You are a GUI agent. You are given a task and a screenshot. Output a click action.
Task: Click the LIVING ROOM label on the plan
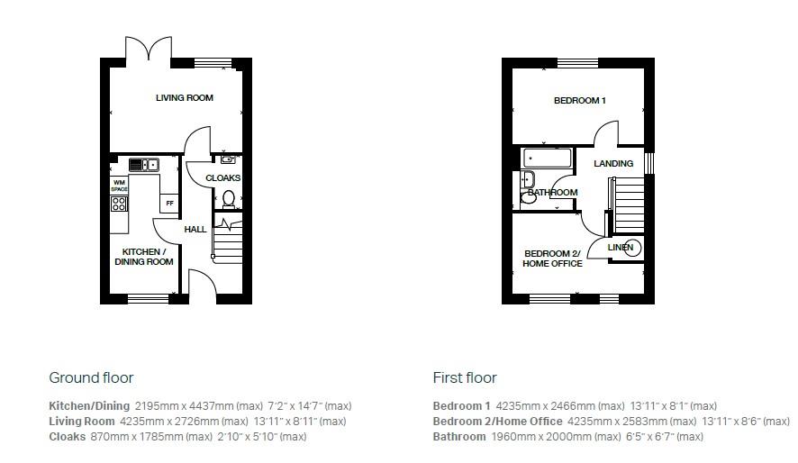pyautogui.click(x=185, y=97)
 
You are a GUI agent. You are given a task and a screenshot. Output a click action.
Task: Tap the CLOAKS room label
pyautogui.click(x=222, y=178)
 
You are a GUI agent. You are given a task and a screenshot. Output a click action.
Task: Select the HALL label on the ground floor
pyautogui.click(x=195, y=230)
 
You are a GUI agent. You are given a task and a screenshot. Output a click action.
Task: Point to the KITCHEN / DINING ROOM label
pyautogui.click(x=143, y=257)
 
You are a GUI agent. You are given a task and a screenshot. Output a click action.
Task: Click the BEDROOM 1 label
pyautogui.click(x=579, y=101)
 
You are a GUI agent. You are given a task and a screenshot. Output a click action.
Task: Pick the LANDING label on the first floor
pyautogui.click(x=613, y=164)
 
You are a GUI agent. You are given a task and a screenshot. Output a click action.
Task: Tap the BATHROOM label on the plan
pyautogui.click(x=552, y=193)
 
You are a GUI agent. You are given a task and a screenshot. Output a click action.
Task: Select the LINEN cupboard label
pyautogui.click(x=620, y=247)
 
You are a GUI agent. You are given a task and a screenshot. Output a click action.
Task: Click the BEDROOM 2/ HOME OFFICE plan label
pyautogui.click(x=552, y=259)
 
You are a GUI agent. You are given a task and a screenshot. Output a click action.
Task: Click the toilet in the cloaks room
pyautogui.click(x=229, y=198)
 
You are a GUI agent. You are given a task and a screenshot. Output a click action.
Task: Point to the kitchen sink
pyautogui.click(x=142, y=164)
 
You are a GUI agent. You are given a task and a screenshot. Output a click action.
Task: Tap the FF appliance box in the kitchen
pyautogui.click(x=168, y=204)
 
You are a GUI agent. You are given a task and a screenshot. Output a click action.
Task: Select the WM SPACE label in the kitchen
pyautogui.click(x=119, y=186)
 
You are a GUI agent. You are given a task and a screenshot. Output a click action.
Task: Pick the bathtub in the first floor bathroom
pyautogui.click(x=549, y=159)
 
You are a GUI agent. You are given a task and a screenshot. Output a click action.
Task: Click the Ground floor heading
pyautogui.click(x=91, y=377)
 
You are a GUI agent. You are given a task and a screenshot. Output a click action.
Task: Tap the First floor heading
pyautogui.click(x=465, y=377)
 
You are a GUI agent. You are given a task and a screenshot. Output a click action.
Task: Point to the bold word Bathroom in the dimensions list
pyautogui.click(x=458, y=437)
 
